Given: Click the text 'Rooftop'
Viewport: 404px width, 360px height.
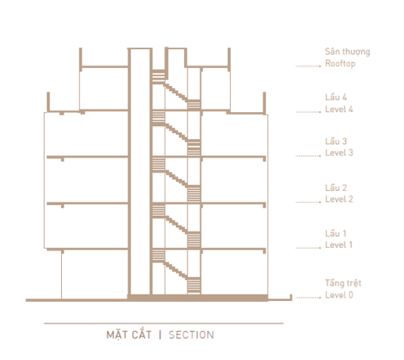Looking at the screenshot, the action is (340, 63).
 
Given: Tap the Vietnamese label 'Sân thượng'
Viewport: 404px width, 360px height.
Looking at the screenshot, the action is (347, 52).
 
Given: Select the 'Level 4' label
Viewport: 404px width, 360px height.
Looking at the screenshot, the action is (339, 109).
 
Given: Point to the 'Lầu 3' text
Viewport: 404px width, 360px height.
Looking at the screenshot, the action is (336, 141).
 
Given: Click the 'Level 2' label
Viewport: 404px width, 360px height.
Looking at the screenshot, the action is (339, 199).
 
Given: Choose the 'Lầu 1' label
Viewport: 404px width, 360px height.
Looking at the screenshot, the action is (335, 233).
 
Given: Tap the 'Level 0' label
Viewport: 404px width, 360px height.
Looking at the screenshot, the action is (339, 295).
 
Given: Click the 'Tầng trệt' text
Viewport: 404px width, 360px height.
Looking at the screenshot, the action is (343, 283).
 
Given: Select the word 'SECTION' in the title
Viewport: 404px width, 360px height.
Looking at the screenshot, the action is (191, 334).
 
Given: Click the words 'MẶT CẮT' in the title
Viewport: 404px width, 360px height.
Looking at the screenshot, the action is (129, 334).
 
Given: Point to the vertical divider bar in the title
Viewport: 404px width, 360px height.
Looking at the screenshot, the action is (160, 334).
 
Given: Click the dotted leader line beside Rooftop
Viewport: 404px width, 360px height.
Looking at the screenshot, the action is (308, 66).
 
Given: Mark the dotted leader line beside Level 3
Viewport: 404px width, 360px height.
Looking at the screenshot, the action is (308, 156).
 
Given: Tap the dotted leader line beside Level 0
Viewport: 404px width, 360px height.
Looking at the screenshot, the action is (308, 298).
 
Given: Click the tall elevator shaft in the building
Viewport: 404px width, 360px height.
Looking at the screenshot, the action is (140, 171).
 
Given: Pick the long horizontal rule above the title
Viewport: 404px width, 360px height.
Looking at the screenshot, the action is (163, 323).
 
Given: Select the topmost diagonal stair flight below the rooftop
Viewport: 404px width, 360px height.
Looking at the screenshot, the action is (176, 92).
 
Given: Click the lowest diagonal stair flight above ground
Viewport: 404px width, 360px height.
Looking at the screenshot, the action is (176, 270).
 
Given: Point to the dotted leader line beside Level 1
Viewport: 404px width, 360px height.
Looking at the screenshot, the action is (308, 248).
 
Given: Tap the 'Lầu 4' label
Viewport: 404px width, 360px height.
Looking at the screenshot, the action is (336, 97).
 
